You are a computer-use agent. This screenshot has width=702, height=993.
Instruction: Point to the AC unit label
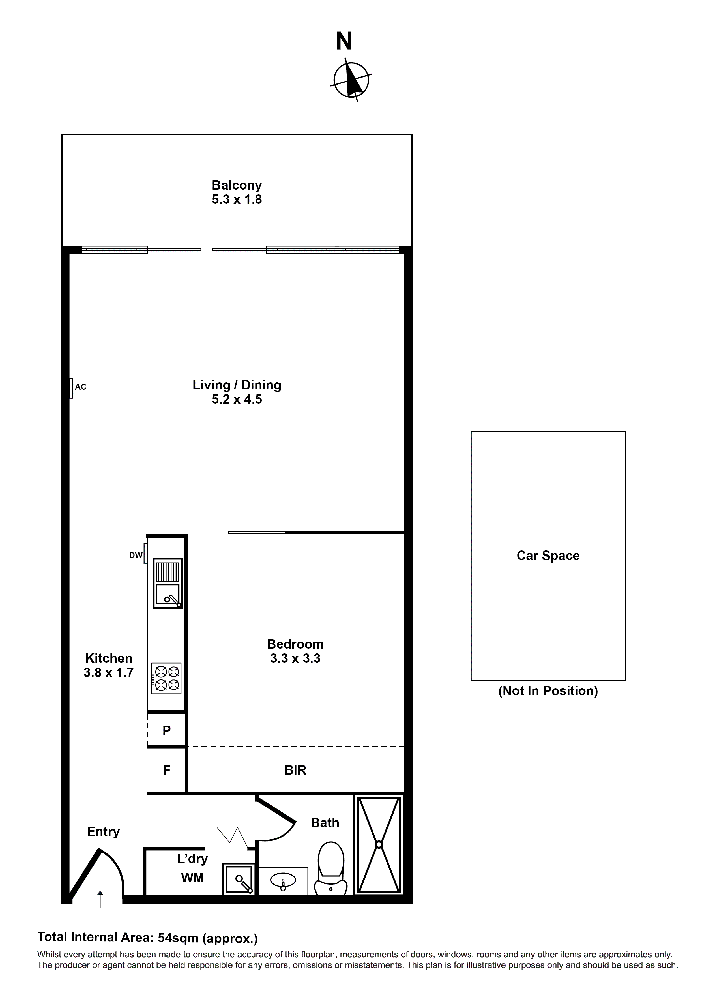[x=80, y=387]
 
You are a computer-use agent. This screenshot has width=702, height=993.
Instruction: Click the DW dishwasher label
[x=136, y=555]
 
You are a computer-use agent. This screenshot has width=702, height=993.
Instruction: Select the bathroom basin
[x=283, y=880]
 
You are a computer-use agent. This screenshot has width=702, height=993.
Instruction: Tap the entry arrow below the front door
[x=100, y=899]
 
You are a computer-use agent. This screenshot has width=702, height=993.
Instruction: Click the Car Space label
[x=548, y=556]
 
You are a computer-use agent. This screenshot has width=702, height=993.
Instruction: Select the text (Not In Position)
[x=548, y=691]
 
